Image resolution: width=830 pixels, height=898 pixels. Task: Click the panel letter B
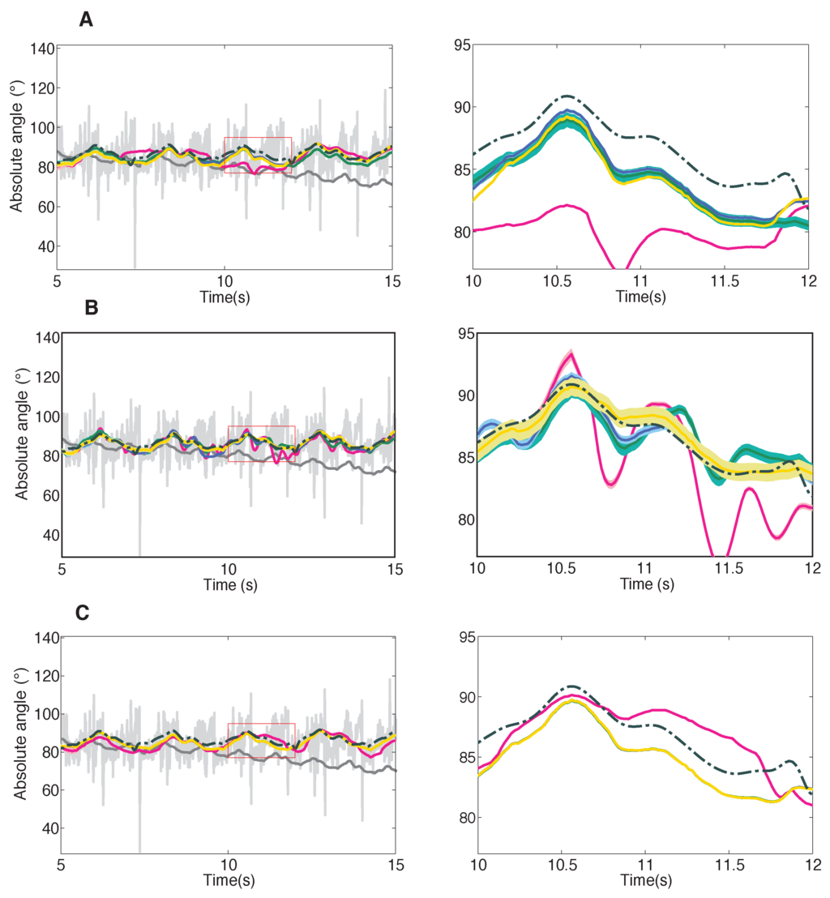[x=92, y=308]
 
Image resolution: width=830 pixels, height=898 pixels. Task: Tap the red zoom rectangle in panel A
[x=258, y=155]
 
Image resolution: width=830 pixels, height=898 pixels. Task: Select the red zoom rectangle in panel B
[x=262, y=443]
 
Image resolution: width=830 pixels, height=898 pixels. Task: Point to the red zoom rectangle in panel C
[x=261, y=740]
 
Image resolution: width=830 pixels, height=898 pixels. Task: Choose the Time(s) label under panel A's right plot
[x=640, y=297]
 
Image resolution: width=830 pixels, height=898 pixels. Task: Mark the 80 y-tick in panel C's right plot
[x=464, y=816]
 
